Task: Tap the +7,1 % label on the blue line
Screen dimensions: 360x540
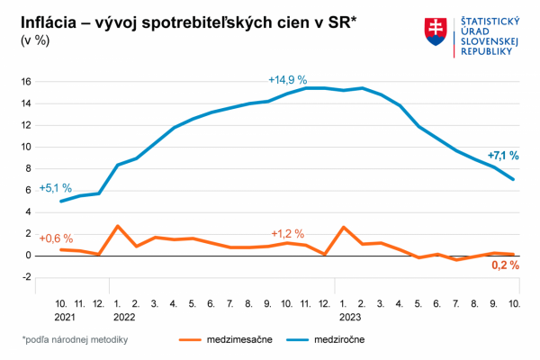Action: (x=503, y=156)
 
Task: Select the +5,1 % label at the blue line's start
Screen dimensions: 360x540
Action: (x=55, y=188)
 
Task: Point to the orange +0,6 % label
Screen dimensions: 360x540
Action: (x=55, y=238)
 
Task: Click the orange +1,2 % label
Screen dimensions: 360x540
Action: (x=288, y=234)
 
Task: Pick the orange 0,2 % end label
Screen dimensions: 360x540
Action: (x=505, y=266)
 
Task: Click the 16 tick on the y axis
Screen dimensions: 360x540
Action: (x=26, y=82)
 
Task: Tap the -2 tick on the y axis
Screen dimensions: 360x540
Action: (x=26, y=277)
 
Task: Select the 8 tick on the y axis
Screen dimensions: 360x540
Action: (x=28, y=168)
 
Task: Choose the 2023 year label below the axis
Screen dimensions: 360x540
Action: (x=349, y=317)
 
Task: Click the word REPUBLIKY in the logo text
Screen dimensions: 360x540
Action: (x=486, y=52)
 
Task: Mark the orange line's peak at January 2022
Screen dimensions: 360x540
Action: (x=118, y=226)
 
